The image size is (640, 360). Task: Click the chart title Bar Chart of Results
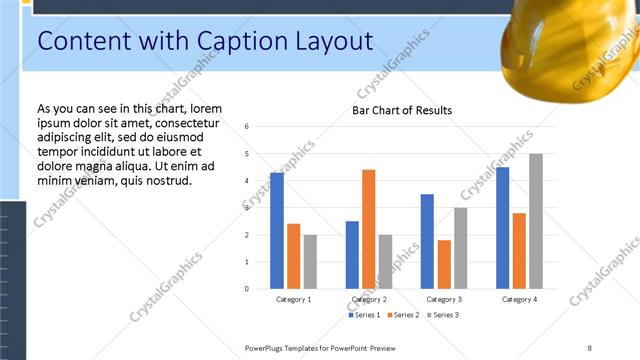(402, 110)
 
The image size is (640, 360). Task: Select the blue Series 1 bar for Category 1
(277, 230)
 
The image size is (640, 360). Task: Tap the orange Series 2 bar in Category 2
(368, 229)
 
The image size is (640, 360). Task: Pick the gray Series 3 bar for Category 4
(536, 221)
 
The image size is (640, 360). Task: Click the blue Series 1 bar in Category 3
(427, 241)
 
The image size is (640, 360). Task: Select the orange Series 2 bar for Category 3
(444, 264)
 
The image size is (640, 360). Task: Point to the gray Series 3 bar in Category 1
(311, 261)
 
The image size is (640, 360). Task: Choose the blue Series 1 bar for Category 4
(502, 227)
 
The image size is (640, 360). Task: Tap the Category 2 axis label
(369, 299)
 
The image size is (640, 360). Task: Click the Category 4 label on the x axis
(519, 299)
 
